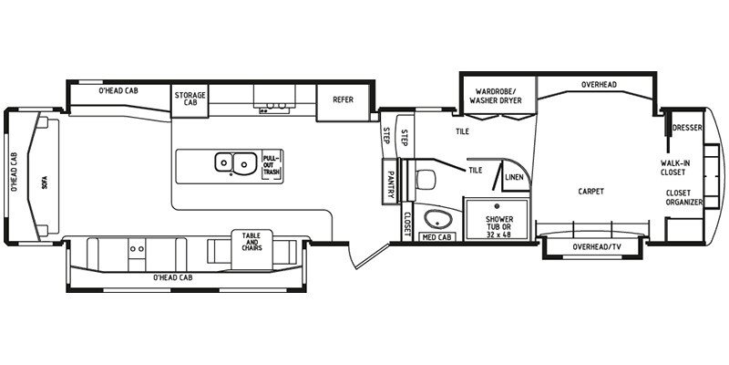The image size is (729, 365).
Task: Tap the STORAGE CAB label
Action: pyautogui.click(x=190, y=99)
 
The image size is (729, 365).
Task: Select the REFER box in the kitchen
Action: pyautogui.click(x=343, y=100)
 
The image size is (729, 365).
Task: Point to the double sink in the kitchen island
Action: pyautogui.click(x=234, y=163)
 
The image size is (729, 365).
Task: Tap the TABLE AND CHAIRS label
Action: pyautogui.click(x=251, y=242)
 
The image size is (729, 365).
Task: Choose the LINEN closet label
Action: pyautogui.click(x=513, y=177)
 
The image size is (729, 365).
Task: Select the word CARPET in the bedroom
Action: pyautogui.click(x=592, y=192)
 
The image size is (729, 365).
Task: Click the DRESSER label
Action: pyautogui.click(x=688, y=128)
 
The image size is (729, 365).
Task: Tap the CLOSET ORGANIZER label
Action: pyautogui.click(x=683, y=197)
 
